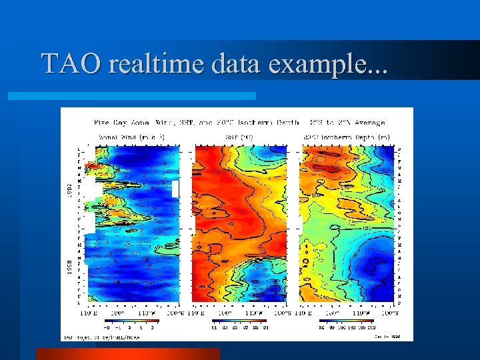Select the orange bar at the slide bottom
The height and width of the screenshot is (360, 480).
127,353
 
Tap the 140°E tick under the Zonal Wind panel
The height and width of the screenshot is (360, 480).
85,312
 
